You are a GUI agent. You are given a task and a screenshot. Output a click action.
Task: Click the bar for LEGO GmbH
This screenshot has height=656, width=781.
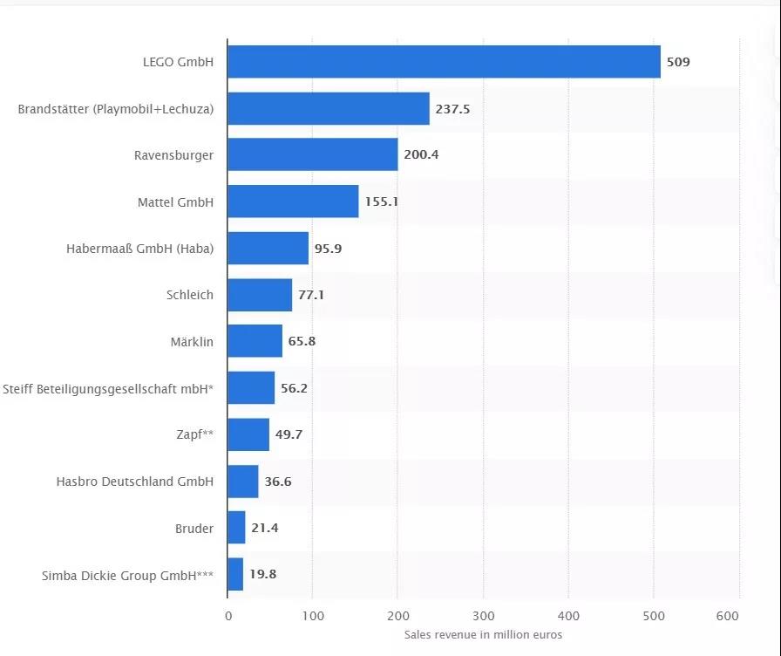click(x=444, y=62)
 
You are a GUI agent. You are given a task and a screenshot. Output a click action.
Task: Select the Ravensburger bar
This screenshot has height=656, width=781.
click(x=312, y=155)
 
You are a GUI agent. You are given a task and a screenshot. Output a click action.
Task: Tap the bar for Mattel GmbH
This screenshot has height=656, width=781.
click(x=293, y=202)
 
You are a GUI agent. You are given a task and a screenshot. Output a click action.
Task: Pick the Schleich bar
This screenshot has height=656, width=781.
click(x=260, y=295)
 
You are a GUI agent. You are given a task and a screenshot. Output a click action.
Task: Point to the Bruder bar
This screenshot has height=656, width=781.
click(x=236, y=528)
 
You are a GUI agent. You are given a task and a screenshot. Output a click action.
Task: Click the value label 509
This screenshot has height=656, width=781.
click(x=678, y=62)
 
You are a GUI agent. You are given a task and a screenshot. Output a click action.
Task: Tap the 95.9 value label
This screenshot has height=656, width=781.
click(x=329, y=249)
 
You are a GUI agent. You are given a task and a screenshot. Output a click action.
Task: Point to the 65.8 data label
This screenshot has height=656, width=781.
click(x=302, y=341)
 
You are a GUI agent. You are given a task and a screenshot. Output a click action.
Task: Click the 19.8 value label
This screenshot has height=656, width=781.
click(x=263, y=575)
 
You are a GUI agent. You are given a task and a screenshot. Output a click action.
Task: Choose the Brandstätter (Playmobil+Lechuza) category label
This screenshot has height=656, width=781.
click(x=116, y=109)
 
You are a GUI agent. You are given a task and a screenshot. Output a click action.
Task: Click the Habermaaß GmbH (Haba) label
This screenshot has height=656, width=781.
click(x=139, y=249)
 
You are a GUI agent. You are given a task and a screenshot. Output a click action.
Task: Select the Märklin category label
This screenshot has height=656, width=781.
click(x=193, y=341)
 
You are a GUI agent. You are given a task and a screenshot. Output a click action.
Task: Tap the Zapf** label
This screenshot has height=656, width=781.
click(x=194, y=434)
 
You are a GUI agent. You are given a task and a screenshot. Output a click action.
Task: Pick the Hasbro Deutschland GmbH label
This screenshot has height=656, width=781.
click(x=134, y=482)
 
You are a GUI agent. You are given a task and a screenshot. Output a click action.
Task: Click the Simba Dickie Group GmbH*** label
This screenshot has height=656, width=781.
click(x=127, y=575)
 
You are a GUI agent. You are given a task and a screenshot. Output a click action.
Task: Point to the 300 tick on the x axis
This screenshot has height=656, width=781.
click(x=483, y=615)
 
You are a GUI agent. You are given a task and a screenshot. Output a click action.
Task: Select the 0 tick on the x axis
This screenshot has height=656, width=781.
click(x=228, y=615)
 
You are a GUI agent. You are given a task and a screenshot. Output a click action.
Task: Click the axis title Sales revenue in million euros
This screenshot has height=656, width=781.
click(x=483, y=635)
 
